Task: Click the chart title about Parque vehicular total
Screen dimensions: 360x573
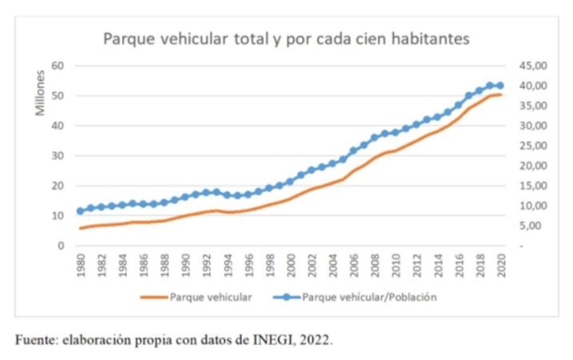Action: click(x=286, y=39)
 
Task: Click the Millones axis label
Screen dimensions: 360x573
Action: click(x=40, y=92)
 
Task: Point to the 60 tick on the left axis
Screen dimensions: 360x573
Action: click(x=56, y=66)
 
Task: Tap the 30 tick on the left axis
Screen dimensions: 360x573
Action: click(x=56, y=156)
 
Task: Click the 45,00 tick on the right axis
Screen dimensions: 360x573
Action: click(x=533, y=66)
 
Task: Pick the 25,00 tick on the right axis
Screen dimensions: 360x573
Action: click(x=533, y=146)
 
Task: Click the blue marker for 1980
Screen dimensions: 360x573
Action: click(x=81, y=211)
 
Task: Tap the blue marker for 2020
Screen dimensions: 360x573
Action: click(x=500, y=86)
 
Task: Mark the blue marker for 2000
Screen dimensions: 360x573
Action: click(x=290, y=181)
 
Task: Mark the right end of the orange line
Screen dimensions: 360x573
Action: click(x=500, y=95)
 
